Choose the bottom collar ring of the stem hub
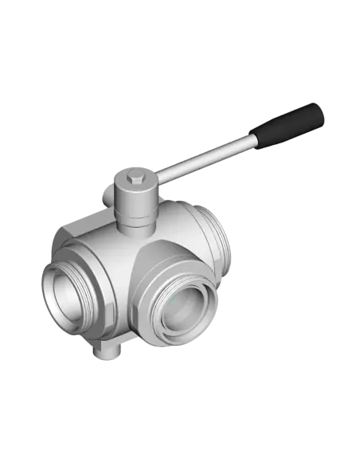click(133, 225)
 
